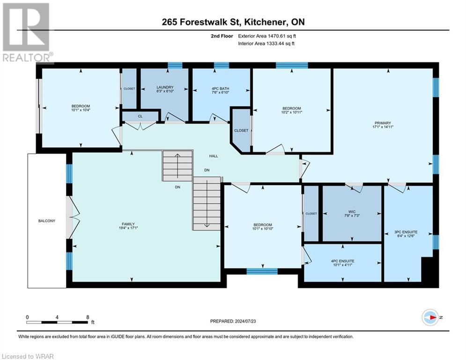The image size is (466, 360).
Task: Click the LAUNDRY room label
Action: [x=164, y=87]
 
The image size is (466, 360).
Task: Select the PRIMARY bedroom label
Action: [x=382, y=123]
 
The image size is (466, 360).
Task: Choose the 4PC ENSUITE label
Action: [x=342, y=261]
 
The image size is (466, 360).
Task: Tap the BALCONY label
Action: [x=46, y=221]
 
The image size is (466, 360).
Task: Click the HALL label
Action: [x=213, y=157]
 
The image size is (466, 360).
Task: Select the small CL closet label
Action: [x=140, y=116]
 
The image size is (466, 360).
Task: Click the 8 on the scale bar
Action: [x=88, y=317]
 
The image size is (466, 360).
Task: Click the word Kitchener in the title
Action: [x=267, y=22]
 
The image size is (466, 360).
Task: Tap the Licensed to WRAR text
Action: [x=28, y=356]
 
